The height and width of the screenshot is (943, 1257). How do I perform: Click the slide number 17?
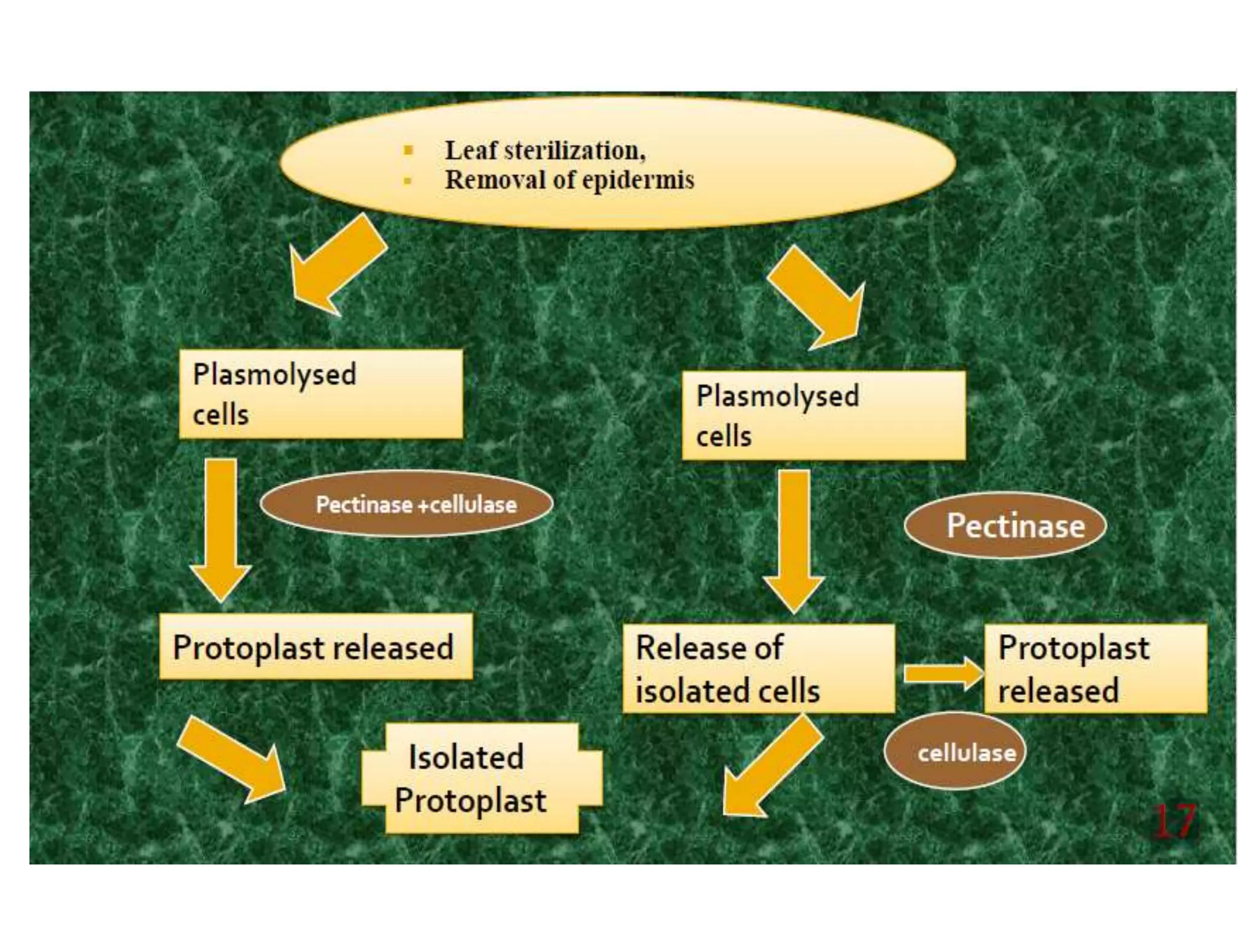pos(1174,821)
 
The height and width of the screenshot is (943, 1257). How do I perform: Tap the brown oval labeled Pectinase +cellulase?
pos(406,504)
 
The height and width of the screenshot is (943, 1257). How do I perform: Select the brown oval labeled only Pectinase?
pos(1005,526)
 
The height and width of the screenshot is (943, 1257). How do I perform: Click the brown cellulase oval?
pos(954,751)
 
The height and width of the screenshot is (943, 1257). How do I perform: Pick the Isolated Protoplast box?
pos(482,778)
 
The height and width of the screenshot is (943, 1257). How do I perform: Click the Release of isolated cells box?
pos(758,669)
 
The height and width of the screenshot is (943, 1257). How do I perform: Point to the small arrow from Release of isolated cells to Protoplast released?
pos(942,673)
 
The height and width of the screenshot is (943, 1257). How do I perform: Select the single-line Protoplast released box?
pos(315,646)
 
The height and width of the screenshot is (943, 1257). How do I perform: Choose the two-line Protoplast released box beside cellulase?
pos(1096,669)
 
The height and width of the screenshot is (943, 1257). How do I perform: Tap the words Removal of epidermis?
pos(569,180)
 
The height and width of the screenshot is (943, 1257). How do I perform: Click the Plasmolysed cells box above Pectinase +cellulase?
pos(320,394)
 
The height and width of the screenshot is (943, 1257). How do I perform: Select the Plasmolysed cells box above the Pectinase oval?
pos(823,416)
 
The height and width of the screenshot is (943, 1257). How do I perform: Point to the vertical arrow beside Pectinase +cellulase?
pos(220,528)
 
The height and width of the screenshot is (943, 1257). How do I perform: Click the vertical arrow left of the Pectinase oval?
pos(794,540)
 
